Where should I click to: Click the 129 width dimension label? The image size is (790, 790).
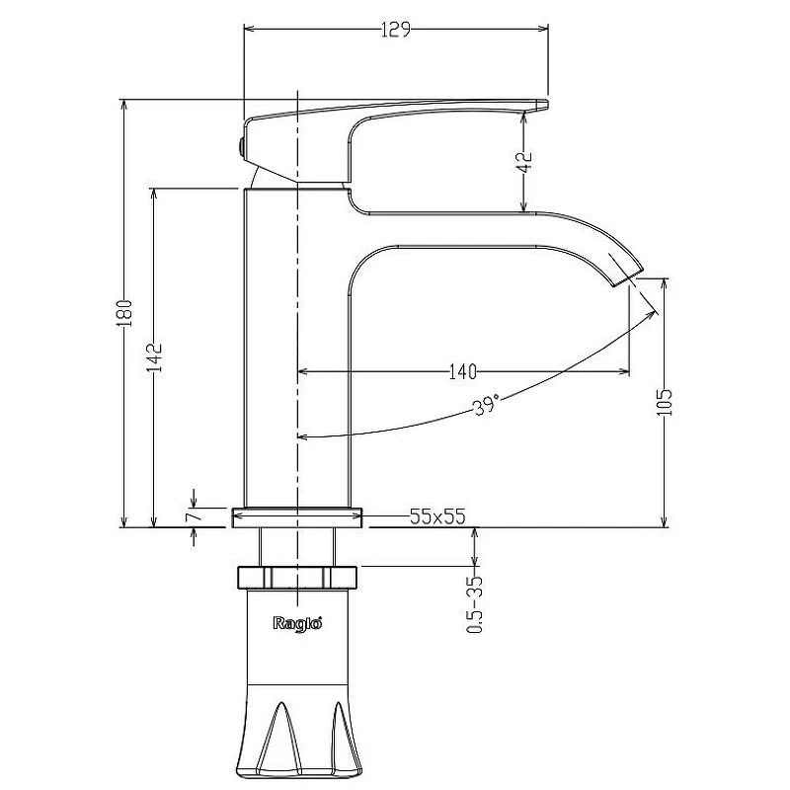(x=396, y=30)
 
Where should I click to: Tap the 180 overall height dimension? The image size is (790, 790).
(x=124, y=313)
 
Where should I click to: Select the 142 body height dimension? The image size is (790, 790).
(x=155, y=357)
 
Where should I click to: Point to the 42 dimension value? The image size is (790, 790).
(x=524, y=161)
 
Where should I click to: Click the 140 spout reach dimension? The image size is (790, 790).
(x=462, y=372)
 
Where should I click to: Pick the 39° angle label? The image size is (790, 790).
(x=487, y=405)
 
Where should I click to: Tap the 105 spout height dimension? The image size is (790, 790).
(x=665, y=402)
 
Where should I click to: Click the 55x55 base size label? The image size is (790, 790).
(x=437, y=516)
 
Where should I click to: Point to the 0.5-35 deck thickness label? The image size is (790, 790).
(x=475, y=604)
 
